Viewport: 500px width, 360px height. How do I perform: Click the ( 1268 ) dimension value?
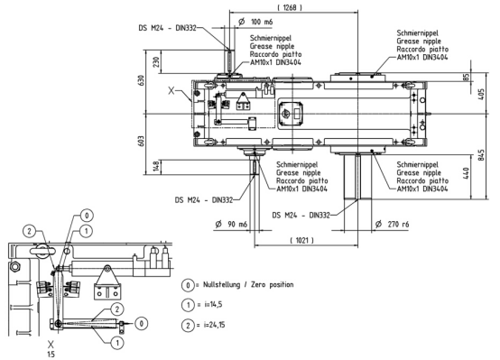[x=290, y=7]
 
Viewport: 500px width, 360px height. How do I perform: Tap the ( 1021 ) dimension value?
[x=301, y=240]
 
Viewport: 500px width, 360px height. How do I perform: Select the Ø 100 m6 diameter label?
[x=255, y=22]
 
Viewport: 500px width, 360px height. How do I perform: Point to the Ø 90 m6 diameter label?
[x=231, y=224]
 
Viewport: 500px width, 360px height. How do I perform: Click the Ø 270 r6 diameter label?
[x=392, y=224]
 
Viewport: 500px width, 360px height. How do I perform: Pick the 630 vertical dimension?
[x=142, y=80]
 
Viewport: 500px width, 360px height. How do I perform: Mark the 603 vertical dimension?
[x=142, y=141]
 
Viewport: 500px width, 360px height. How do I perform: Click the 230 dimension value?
[x=156, y=62]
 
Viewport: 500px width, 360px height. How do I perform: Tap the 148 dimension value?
[x=156, y=166]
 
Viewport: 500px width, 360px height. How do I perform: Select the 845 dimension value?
[x=481, y=155]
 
